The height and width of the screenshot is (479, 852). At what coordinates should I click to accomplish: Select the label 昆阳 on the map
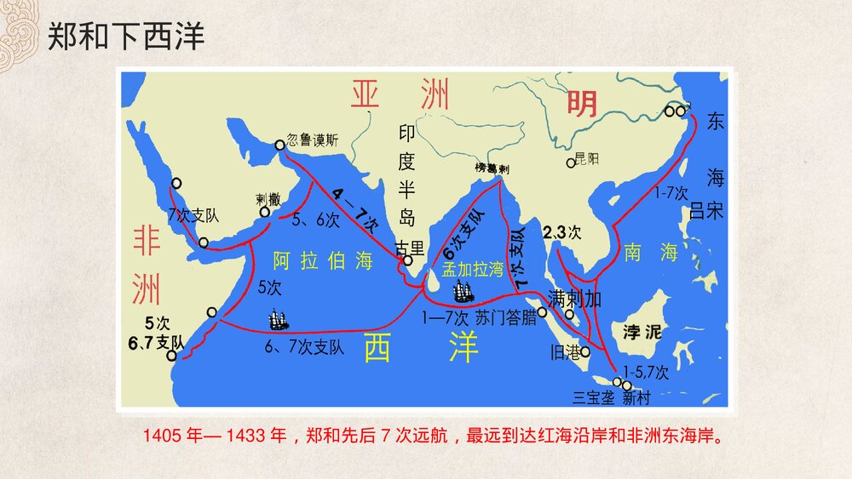[x=588, y=158]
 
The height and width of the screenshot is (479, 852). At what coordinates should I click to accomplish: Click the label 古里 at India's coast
[x=409, y=248]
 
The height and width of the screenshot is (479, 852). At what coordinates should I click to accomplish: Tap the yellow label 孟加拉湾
[x=473, y=269]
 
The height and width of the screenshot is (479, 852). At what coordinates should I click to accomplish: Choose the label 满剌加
[x=576, y=299]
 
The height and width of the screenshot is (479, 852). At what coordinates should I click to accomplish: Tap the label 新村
[x=636, y=396]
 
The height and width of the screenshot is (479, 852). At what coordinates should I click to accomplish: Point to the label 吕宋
[x=706, y=210]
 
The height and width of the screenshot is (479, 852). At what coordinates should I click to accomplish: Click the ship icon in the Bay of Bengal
[x=463, y=292]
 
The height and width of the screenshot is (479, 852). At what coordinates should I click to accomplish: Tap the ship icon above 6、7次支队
[x=279, y=321]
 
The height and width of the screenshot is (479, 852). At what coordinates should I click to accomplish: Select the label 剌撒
[x=268, y=199]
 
